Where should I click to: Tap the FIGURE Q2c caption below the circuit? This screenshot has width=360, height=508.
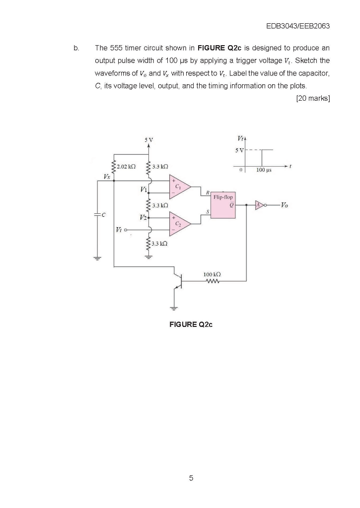coord(191,325)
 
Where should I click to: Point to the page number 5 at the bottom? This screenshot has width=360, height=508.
coord(191,478)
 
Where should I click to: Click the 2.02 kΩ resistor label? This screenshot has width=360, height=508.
coord(127,167)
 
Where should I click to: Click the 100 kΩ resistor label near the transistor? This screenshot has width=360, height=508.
coord(212,274)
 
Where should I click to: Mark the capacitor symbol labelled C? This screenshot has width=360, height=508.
coord(97,214)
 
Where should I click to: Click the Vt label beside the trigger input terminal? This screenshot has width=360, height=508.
coord(118,229)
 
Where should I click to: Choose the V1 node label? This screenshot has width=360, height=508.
coord(144,189)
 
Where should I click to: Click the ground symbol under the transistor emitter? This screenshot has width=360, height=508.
coord(174,307)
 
